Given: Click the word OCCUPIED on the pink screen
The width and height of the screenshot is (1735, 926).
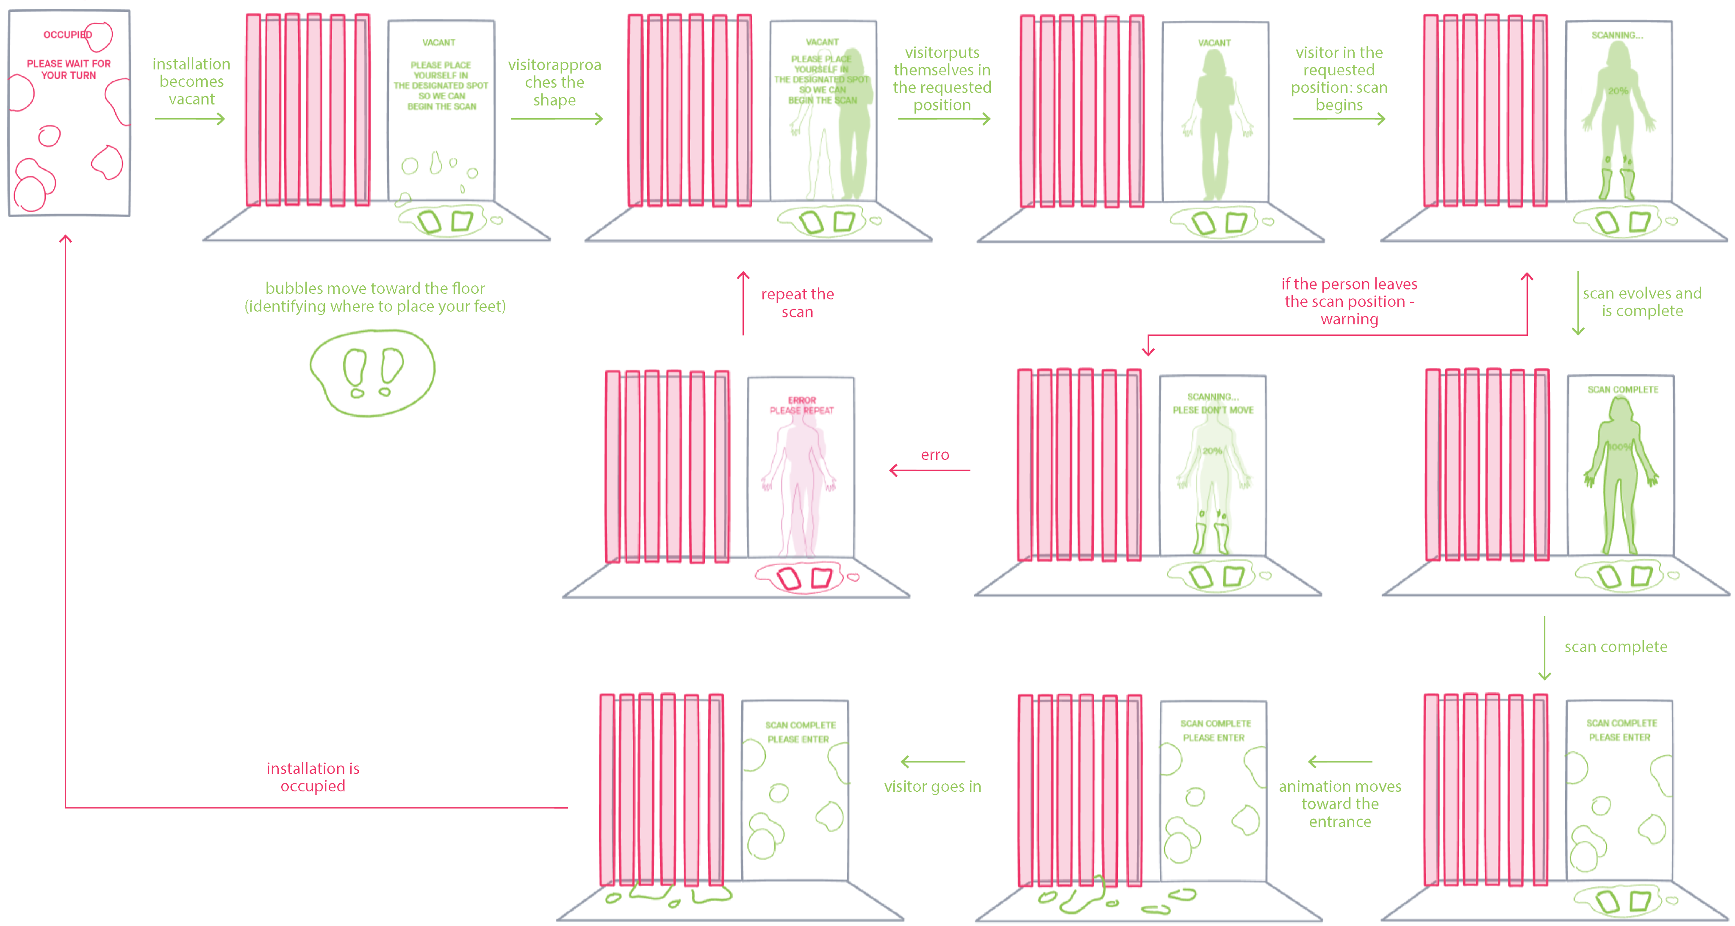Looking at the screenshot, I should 67,34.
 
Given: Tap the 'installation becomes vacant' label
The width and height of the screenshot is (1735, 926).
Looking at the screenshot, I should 191,81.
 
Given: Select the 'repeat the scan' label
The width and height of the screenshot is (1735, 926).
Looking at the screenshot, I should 798,303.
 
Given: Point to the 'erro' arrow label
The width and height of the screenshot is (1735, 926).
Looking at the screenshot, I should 935,455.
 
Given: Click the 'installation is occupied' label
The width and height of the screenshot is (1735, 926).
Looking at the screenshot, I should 313,777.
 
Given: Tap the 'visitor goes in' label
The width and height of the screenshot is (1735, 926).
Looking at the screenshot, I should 932,787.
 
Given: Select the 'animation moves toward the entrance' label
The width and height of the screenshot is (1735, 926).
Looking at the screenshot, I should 1340,804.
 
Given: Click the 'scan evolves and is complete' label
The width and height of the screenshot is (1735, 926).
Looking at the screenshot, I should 1642,302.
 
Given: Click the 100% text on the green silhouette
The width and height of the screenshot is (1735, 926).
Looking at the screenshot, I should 1619,447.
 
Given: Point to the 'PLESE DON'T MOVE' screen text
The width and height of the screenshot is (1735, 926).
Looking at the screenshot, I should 1213,410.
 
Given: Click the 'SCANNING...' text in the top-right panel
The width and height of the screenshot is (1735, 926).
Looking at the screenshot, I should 1617,35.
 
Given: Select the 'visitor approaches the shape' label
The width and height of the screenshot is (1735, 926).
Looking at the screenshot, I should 554,82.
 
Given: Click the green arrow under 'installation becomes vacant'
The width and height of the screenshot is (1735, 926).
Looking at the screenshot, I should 189,119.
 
